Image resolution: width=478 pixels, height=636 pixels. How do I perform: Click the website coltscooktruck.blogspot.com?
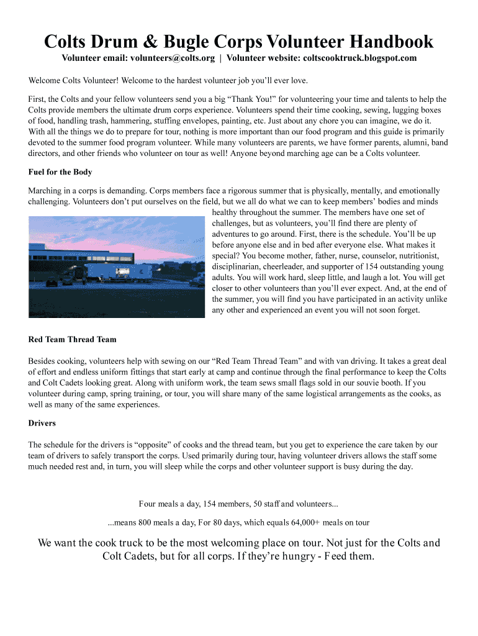click(x=358, y=58)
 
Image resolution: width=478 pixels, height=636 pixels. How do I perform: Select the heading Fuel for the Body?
click(x=60, y=172)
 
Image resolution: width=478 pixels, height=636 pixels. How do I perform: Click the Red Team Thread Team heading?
click(x=72, y=340)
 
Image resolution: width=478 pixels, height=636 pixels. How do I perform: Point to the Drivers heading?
click(x=42, y=424)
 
